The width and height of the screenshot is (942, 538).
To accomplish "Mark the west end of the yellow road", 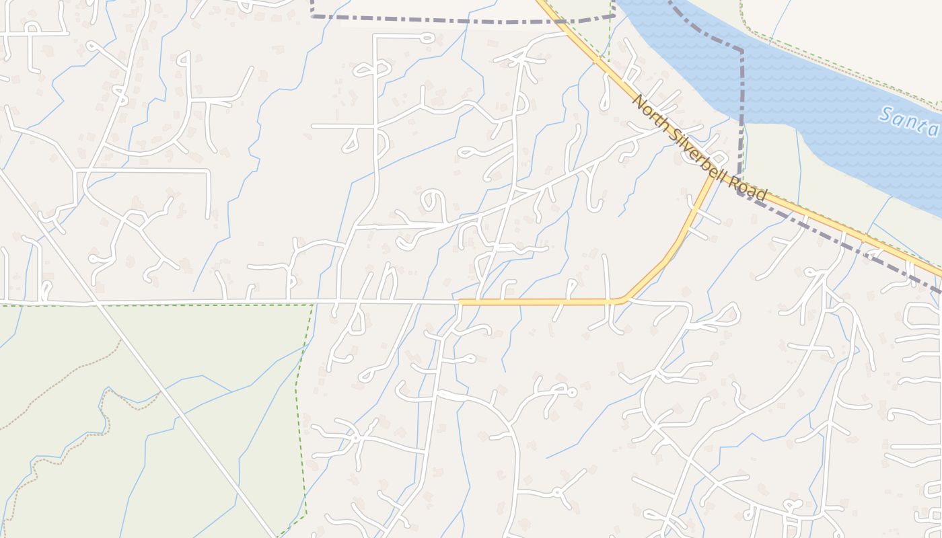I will [x=460, y=302].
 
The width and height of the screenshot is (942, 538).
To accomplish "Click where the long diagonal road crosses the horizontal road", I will [x=98, y=303].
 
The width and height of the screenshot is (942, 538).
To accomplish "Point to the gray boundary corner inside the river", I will [x=742, y=50].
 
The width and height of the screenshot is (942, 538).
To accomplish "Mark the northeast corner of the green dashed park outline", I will [x=313, y=305].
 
